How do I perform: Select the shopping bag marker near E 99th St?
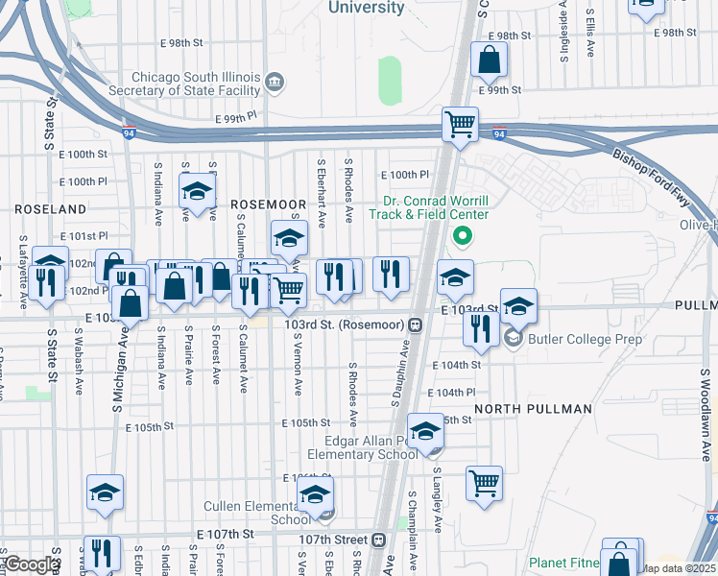tap(489, 60)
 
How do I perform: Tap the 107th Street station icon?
tap(379, 540)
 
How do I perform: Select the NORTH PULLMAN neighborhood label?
tap(533, 409)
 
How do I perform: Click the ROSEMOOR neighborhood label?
tap(269, 204)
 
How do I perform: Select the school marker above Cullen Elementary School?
tap(314, 495)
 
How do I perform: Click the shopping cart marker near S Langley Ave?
tap(485, 482)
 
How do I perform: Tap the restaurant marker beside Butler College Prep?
tap(480, 328)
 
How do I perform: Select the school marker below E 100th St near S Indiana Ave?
tap(197, 191)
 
